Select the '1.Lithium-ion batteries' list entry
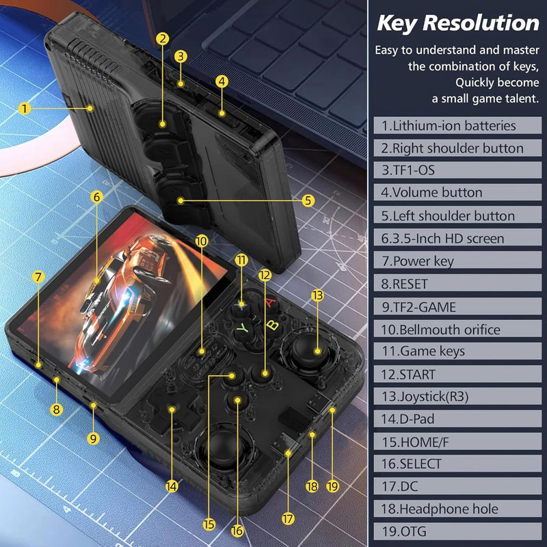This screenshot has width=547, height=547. coord(449,126)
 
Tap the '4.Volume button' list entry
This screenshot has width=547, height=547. coord(432,193)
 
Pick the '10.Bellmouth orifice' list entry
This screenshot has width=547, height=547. coord(441,330)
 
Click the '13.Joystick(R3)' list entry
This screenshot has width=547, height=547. coord(425,397)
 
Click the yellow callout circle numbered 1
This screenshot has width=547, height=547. coord(25,108)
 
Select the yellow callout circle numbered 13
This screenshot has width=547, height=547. coord(317,295)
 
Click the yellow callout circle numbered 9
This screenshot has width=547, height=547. coord(94,438)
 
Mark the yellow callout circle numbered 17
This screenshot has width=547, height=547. coord(288,519)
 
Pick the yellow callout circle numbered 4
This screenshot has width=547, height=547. coord(222,81)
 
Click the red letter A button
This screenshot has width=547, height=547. coord(271,302)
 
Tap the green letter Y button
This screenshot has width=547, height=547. coord(242,329)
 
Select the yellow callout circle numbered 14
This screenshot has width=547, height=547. coord(172,486)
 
